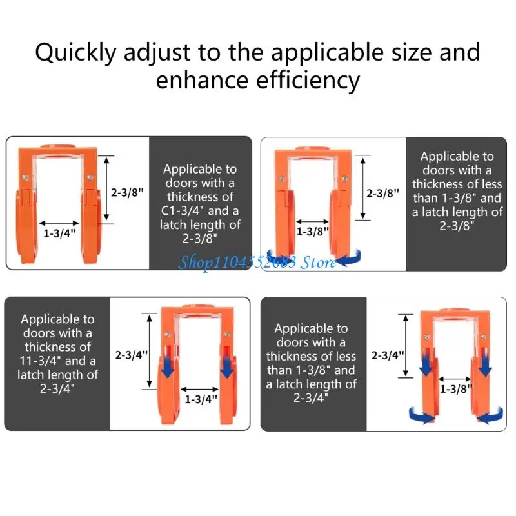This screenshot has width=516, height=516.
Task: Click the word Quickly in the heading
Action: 75,54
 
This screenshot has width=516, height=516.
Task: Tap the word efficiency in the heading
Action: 308,81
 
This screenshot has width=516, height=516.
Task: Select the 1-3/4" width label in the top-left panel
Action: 59,233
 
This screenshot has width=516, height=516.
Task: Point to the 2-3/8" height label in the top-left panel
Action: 127,192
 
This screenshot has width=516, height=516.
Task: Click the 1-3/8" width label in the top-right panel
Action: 312,232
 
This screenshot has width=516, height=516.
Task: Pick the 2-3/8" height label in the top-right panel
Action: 382,193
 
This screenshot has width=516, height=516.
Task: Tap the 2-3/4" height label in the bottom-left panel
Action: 132,355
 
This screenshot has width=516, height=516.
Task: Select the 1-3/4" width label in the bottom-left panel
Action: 201,399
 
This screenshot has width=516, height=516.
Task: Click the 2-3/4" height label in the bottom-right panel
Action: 388,355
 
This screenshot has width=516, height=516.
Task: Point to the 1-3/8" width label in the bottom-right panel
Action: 456,389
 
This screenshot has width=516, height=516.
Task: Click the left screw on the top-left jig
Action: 25,178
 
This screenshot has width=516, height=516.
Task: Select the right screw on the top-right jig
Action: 344,179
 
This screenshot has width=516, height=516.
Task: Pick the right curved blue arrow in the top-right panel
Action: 350,259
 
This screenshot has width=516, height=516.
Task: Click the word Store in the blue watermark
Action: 318,263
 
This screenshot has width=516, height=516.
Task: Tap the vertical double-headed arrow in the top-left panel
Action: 106,188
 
